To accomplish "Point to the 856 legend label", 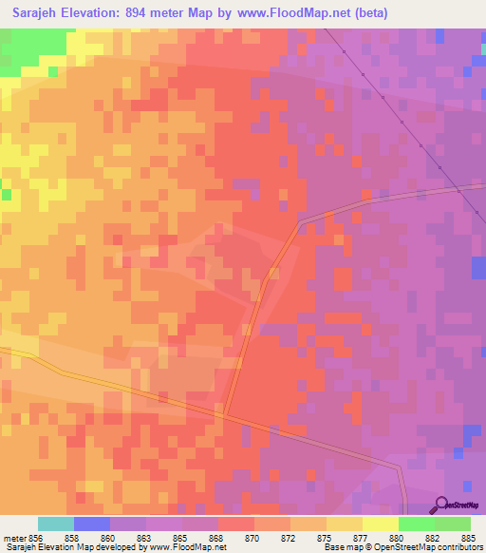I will pyautogui.click(x=36, y=538).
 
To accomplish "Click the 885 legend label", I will pyautogui.click(x=471, y=538).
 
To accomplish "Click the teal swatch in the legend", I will pyautogui.click(x=56, y=524).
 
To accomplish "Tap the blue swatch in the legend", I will pyautogui.click(x=92, y=524).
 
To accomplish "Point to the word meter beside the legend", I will pyautogui.click(x=14, y=538).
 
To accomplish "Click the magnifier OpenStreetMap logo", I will pyautogui.click(x=440, y=505).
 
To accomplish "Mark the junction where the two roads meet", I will pyautogui.click(x=226, y=414).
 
